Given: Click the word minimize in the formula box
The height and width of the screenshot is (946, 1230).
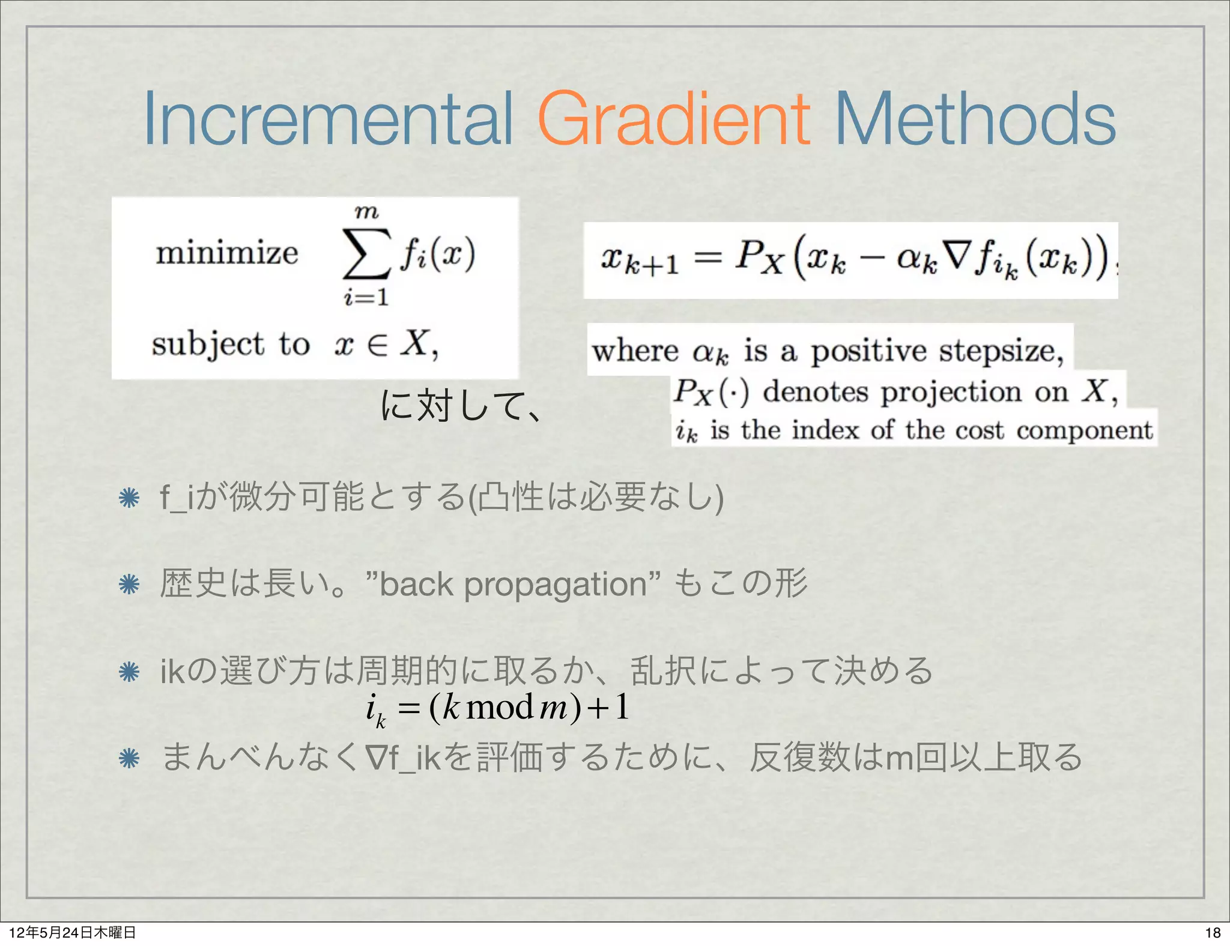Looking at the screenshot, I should pyautogui.click(x=227, y=252).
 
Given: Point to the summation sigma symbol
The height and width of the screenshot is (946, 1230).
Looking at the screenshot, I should pyautogui.click(x=366, y=254).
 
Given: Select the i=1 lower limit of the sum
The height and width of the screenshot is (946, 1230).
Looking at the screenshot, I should pyautogui.click(x=366, y=297).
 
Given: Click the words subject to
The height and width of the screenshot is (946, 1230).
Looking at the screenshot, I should pyautogui.click(x=231, y=345).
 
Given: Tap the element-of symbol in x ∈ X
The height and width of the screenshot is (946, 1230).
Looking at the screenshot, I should pyautogui.click(x=377, y=345).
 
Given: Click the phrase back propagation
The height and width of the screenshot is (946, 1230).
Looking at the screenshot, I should pyautogui.click(x=513, y=584).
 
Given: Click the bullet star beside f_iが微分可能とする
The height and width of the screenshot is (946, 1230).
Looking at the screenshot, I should pyautogui.click(x=129, y=498).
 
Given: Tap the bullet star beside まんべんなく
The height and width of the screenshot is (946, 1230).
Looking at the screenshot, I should pyautogui.click(x=129, y=758).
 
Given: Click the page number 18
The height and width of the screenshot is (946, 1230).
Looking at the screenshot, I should pyautogui.click(x=1213, y=932).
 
